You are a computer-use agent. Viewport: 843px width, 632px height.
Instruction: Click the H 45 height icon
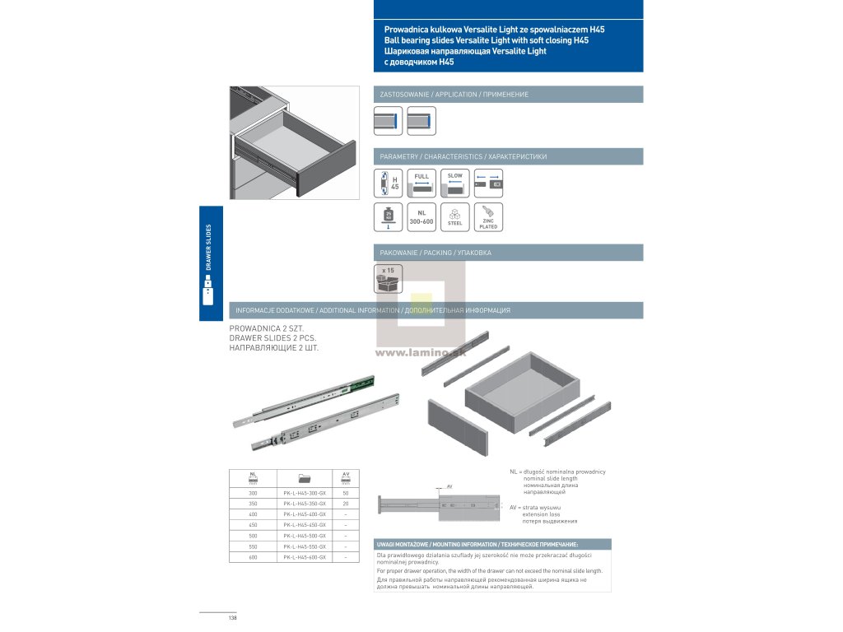point(388,183)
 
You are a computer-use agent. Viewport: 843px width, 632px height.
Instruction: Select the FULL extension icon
point(421,183)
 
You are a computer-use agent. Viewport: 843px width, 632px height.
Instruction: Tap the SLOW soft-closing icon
point(455,183)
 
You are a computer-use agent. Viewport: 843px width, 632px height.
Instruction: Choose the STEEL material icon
point(455,216)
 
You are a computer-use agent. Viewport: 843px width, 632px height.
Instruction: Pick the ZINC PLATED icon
point(488,216)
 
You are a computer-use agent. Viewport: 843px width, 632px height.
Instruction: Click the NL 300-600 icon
point(421,216)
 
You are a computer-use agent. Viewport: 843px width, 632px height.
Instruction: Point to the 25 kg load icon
point(388,216)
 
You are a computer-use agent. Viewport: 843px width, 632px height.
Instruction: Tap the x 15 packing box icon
point(388,279)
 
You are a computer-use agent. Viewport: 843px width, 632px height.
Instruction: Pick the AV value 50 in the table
point(346,492)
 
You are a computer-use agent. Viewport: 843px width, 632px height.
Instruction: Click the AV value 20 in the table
point(346,503)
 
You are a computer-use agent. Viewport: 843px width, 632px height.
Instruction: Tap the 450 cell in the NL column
point(254,525)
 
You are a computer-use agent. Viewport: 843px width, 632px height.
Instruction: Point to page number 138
point(233,619)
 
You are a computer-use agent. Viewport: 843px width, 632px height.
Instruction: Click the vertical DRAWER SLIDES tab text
point(208,247)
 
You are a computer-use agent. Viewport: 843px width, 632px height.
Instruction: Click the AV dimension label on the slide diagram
point(449,486)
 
